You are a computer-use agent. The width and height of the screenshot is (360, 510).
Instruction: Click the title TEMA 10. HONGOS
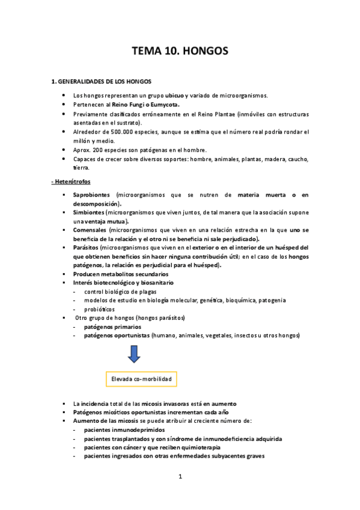click(180, 52)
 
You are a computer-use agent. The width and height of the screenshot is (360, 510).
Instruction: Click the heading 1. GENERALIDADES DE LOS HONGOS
click(101, 81)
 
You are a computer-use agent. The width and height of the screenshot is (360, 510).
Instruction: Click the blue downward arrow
click(133, 355)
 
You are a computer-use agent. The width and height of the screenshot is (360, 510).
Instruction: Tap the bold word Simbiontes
click(88, 213)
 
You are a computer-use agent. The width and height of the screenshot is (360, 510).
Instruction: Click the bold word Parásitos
click(85, 248)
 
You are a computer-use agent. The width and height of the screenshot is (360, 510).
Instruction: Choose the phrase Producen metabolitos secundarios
click(121, 274)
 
